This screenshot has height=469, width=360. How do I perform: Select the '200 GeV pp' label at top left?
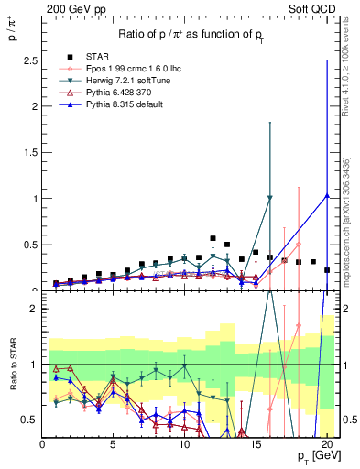(69, 7)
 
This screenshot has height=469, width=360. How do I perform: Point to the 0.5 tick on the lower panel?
(32, 420)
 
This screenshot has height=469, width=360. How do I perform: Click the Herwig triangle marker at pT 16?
(269, 198)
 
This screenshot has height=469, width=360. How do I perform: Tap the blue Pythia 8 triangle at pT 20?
(327, 195)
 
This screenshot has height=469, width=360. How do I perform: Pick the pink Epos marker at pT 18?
(298, 245)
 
